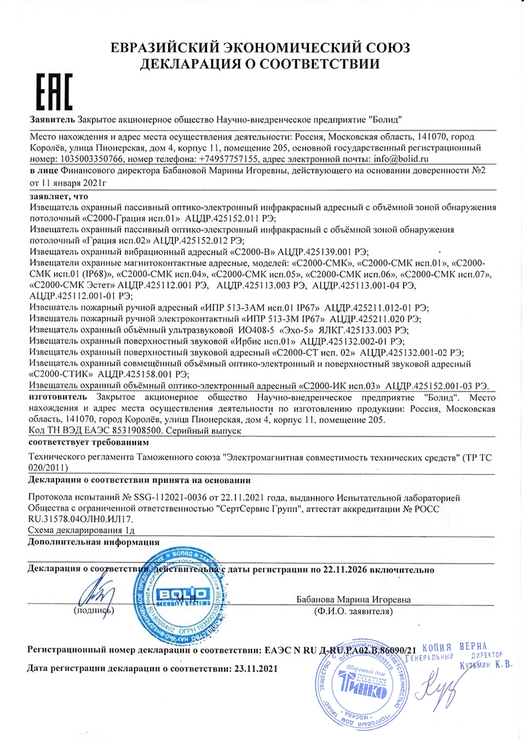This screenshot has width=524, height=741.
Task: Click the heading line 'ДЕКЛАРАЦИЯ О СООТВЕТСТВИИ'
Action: click(260, 64)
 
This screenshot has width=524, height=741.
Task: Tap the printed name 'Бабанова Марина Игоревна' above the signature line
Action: click(353, 599)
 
